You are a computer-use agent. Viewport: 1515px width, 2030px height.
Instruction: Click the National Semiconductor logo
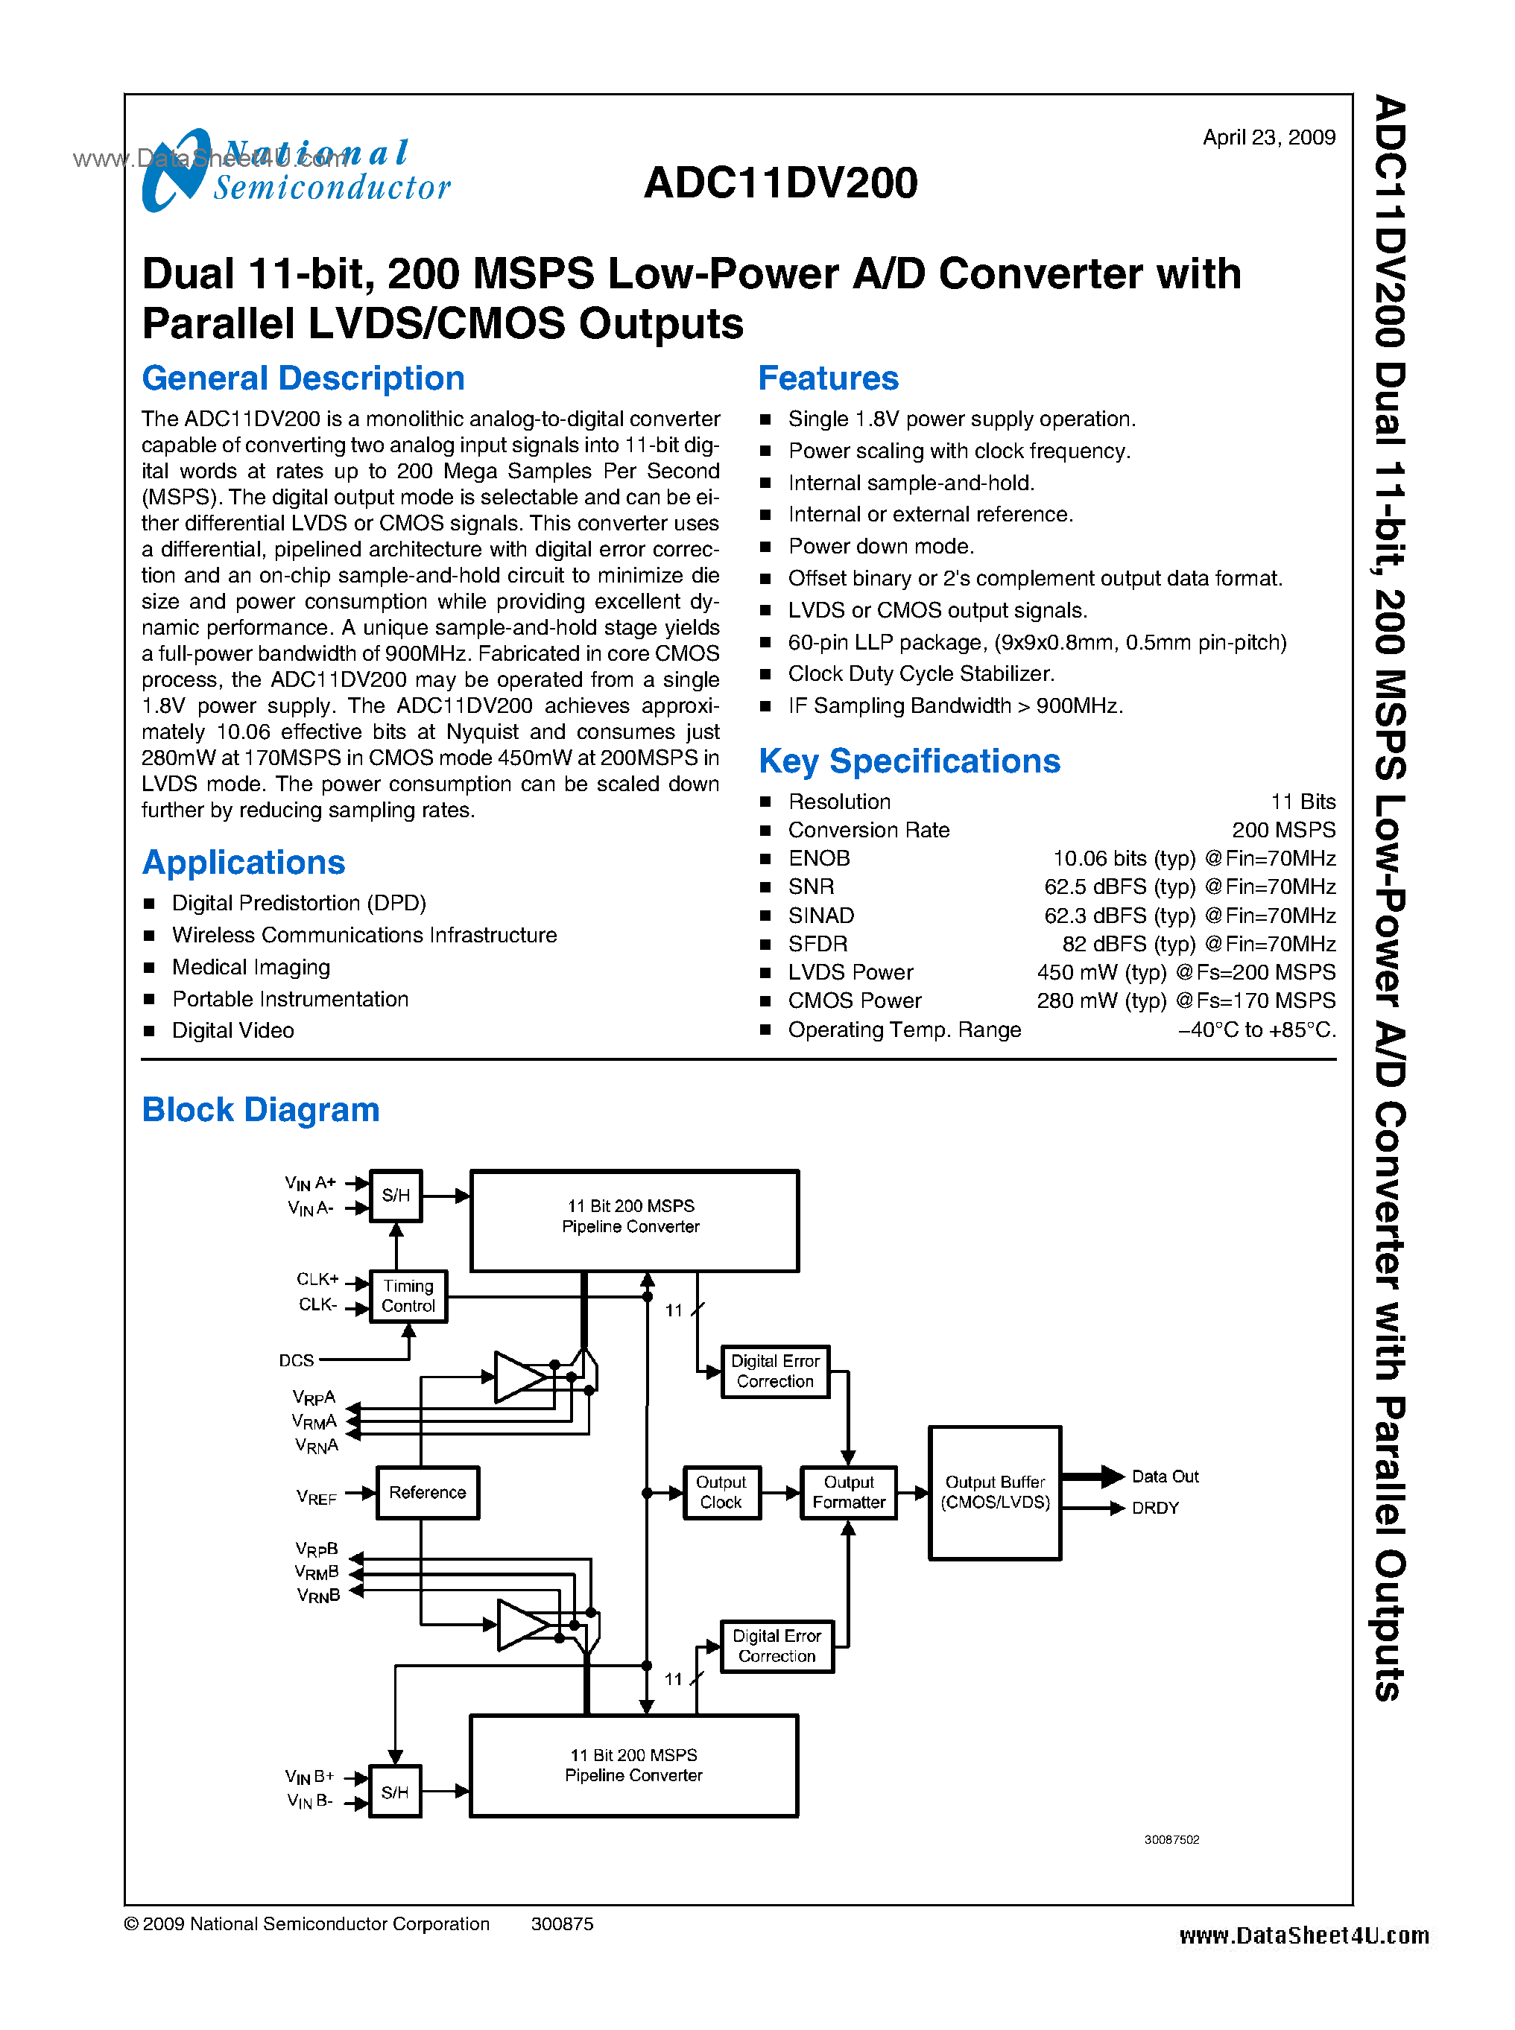(295, 171)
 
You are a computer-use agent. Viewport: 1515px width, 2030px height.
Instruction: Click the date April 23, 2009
(1268, 138)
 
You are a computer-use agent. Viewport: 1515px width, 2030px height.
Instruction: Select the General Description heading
(303, 378)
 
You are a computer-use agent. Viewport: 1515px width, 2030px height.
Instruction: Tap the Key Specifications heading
(909, 761)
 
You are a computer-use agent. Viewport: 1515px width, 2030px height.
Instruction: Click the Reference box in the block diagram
(427, 1493)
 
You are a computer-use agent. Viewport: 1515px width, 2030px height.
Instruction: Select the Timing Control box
(408, 1296)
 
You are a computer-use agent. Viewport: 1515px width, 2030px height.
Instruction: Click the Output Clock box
(721, 1493)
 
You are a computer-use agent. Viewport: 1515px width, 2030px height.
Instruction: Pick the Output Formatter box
(848, 1493)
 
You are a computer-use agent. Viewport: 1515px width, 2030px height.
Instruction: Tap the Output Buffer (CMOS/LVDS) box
(995, 1493)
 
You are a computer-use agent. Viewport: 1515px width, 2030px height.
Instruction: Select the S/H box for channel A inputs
(395, 1196)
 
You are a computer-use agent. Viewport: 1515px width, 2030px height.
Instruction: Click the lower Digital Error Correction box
(777, 1646)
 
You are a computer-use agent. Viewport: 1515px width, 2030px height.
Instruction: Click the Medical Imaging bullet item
(250, 967)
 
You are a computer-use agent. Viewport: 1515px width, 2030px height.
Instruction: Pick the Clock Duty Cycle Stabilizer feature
(921, 674)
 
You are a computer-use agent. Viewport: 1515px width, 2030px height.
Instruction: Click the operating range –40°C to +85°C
(1256, 1030)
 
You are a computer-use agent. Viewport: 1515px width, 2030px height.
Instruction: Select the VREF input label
(317, 1497)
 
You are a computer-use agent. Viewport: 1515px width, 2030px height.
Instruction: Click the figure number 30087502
(1171, 1839)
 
